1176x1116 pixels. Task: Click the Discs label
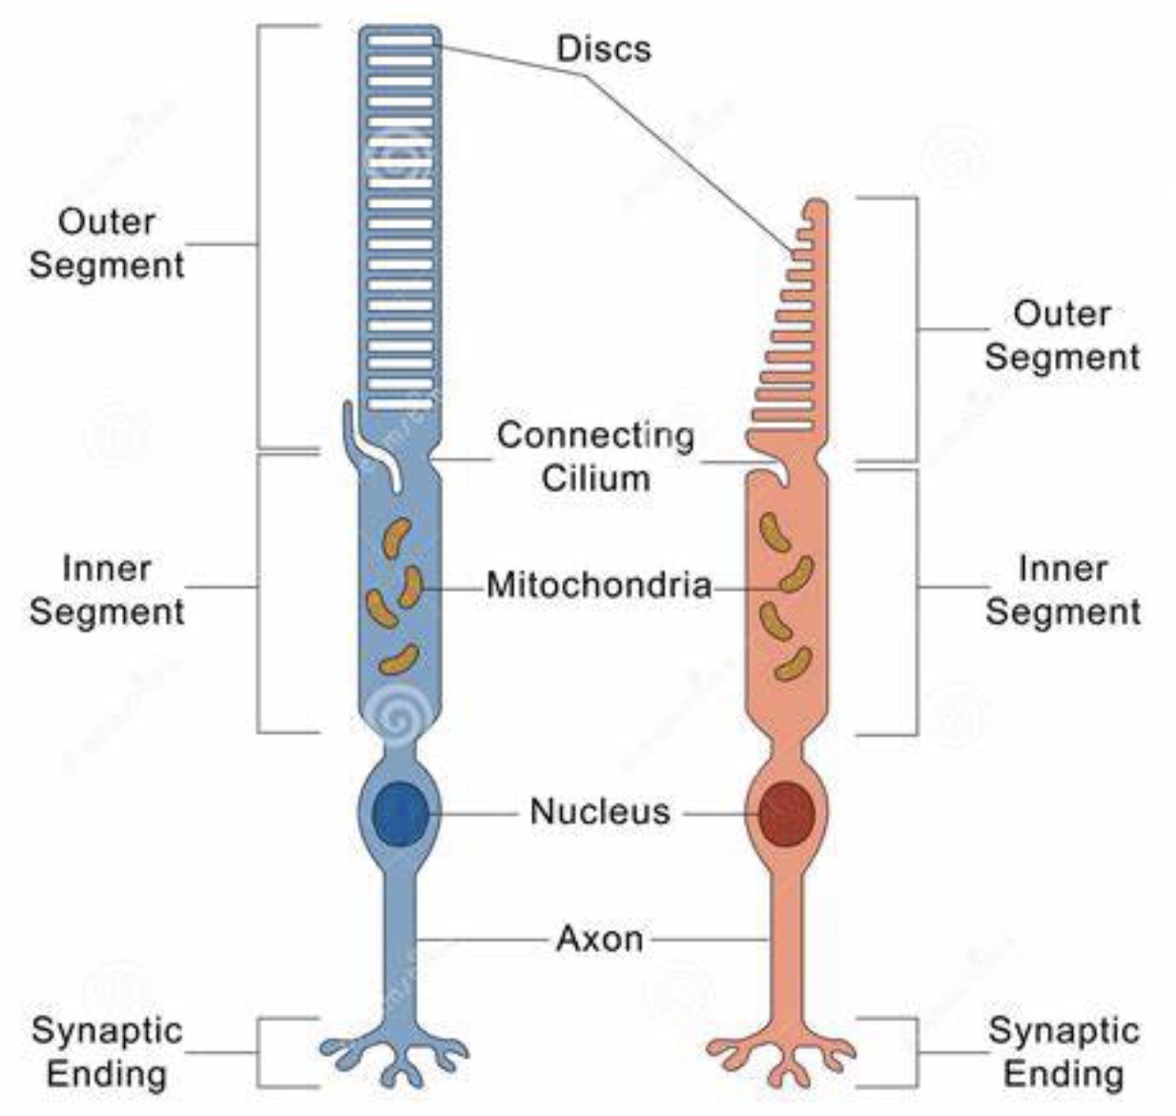[603, 48]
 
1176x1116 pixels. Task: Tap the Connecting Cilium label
[596, 456]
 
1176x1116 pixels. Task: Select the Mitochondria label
[599, 584]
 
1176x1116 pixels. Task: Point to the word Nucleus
[600, 812]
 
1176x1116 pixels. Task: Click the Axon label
[599, 939]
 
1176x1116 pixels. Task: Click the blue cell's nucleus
[400, 814]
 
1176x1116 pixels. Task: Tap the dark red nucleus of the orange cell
[787, 814]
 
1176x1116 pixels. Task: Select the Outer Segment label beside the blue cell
[107, 243]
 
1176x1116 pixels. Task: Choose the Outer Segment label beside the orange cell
[1062, 335]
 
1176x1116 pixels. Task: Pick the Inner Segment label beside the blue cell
[107, 589]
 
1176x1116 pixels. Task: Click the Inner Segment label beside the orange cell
[1063, 589]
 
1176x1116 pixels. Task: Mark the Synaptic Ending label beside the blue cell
[107, 1052]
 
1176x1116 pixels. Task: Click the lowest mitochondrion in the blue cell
[399, 659]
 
